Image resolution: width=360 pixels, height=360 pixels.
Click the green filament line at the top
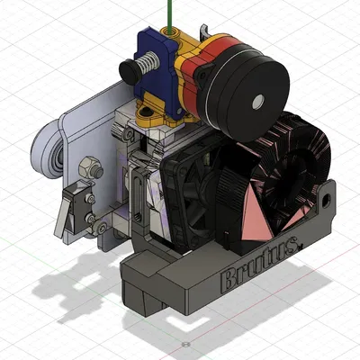tap(166, 13)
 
